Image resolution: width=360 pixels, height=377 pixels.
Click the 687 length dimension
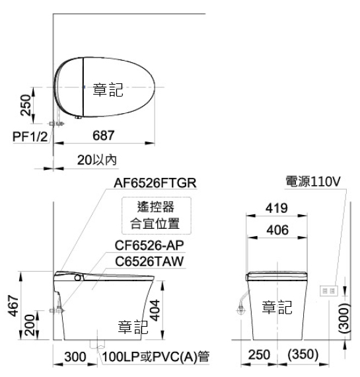point(104,136)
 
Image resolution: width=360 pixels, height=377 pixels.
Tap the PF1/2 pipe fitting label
point(30,137)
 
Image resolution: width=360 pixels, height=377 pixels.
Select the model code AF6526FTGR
point(155,183)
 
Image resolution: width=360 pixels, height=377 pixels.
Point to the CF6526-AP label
point(149,245)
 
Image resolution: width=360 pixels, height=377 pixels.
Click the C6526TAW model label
point(149,261)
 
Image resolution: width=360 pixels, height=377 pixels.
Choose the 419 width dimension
point(276,208)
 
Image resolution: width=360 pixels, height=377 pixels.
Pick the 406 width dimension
point(277,230)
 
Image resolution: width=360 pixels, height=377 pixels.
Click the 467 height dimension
point(13,306)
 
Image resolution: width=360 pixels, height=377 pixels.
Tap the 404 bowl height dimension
point(155,310)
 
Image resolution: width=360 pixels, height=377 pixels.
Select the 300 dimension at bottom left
point(75,356)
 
